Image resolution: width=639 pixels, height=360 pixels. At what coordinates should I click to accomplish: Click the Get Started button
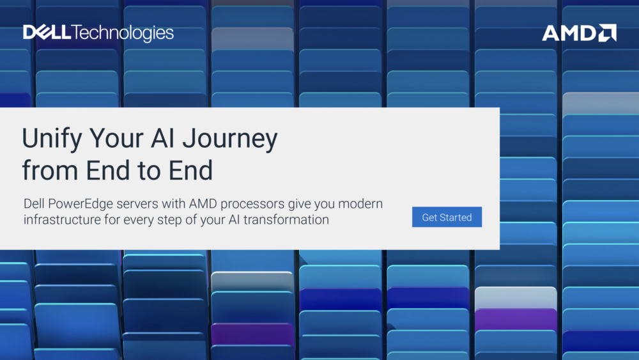[447, 217]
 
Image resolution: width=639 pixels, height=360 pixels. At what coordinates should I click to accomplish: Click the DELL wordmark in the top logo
[47, 32]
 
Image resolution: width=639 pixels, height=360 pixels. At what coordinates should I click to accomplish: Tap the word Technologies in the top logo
[123, 33]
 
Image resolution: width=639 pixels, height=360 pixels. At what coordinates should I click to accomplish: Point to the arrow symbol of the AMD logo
[607, 33]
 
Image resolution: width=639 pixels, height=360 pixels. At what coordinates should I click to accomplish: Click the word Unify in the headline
[52, 139]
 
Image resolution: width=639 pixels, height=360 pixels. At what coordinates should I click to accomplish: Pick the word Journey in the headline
[230, 139]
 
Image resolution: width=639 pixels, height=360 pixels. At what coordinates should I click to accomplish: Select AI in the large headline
[162, 138]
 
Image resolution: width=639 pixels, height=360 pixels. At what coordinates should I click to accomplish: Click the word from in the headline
[50, 170]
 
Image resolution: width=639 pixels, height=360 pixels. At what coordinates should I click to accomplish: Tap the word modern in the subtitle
[360, 203]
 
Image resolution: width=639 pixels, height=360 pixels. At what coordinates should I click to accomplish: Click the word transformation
[286, 219]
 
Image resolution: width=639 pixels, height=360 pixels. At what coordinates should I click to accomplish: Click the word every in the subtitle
[138, 220]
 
